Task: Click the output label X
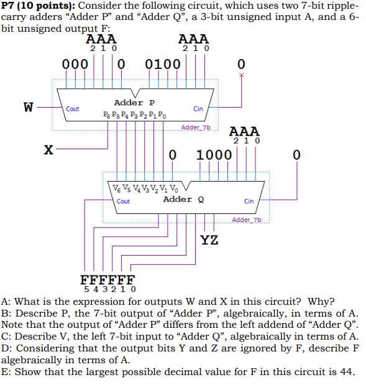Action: click(48, 149)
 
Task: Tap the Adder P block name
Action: click(134, 102)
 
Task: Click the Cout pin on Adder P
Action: click(73, 109)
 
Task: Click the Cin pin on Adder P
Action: click(198, 109)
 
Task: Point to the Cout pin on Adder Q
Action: click(123, 201)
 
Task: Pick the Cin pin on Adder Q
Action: click(249, 201)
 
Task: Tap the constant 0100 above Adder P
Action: click(163, 64)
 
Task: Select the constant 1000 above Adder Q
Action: click(214, 154)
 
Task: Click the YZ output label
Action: click(209, 240)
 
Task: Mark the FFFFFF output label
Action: click(108, 279)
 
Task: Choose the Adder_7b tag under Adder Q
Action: click(247, 220)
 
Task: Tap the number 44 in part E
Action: click(347, 372)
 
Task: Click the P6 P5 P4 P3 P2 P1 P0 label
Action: click(135, 114)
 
